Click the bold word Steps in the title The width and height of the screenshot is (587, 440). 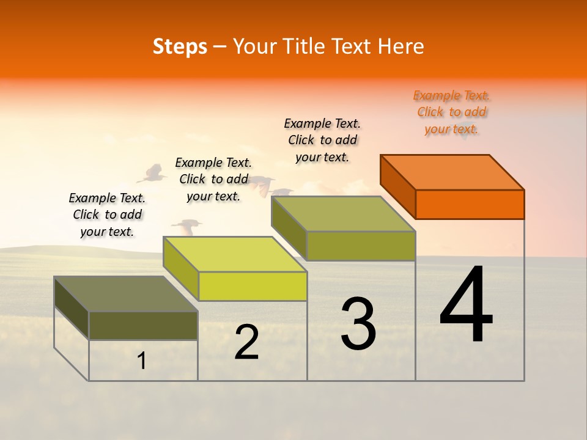(180, 46)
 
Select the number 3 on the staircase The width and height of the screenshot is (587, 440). (358, 324)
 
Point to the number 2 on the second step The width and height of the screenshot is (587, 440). (246, 342)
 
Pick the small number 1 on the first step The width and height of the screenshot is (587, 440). (142, 361)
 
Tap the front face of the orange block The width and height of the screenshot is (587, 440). (470, 204)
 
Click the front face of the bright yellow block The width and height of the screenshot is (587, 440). (253, 286)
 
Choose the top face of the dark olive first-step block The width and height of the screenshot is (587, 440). (126, 294)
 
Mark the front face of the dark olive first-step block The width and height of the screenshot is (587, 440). (143, 326)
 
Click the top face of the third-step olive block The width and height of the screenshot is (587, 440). (344, 214)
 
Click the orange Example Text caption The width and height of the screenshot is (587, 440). (451, 112)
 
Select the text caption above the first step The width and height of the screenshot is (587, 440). (107, 215)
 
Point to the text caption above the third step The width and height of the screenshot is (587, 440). (322, 140)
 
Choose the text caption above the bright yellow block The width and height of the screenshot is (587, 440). (213, 179)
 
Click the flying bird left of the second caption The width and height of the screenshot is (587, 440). (152, 174)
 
